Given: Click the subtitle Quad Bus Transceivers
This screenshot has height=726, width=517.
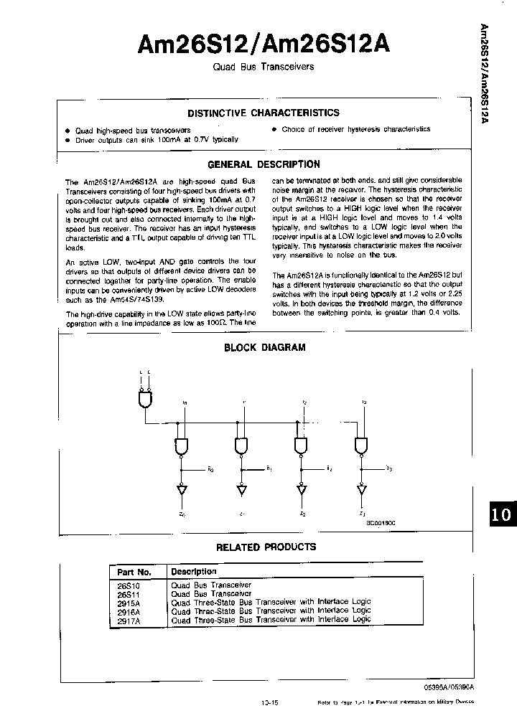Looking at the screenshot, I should coord(263,67).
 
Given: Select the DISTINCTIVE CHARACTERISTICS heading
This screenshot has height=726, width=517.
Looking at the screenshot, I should coord(263,113).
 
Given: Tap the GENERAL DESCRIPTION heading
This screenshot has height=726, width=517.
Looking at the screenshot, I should coord(263,164).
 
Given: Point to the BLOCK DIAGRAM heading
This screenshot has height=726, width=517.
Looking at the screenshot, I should coord(265,347).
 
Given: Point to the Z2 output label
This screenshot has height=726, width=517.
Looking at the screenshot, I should coord(302,514).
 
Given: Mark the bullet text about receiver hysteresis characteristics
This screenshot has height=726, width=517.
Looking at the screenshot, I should coord(355,129).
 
